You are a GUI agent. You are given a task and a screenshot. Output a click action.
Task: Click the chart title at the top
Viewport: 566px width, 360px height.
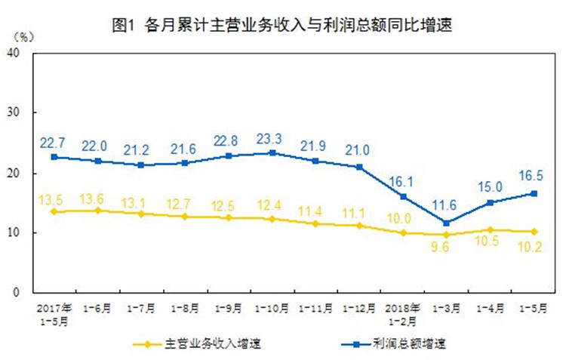(284, 25)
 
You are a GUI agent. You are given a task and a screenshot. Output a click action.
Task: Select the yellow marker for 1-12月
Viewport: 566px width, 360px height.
(360, 226)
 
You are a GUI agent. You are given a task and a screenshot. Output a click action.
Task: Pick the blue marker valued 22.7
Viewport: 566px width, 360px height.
(54, 157)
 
